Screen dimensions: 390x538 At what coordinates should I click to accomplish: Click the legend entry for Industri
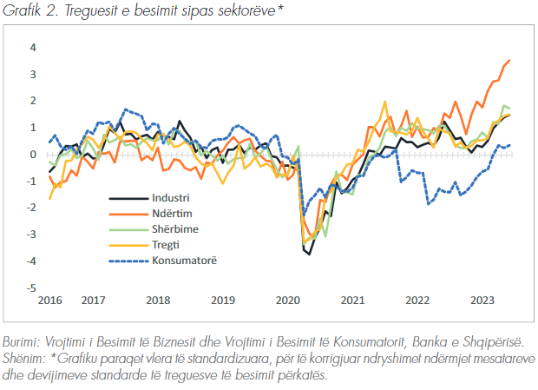[170, 198]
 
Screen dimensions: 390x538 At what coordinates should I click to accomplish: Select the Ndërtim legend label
[172, 213]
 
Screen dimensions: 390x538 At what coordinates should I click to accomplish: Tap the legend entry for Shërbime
[174, 228]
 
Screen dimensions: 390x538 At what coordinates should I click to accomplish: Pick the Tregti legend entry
[167, 244]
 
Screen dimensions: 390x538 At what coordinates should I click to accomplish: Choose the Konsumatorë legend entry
[182, 260]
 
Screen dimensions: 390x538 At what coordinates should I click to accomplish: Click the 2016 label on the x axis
[49, 301]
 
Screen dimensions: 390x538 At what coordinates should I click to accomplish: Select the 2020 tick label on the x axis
[286, 301]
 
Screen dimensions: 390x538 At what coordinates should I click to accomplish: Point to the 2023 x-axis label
[482, 301]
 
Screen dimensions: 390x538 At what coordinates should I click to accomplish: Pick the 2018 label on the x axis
[158, 301]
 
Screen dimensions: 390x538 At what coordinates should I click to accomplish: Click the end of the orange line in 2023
[509, 60]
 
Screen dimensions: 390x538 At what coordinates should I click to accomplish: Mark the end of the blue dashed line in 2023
[509, 145]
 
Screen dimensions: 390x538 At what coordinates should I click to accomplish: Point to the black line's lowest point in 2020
[309, 253]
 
